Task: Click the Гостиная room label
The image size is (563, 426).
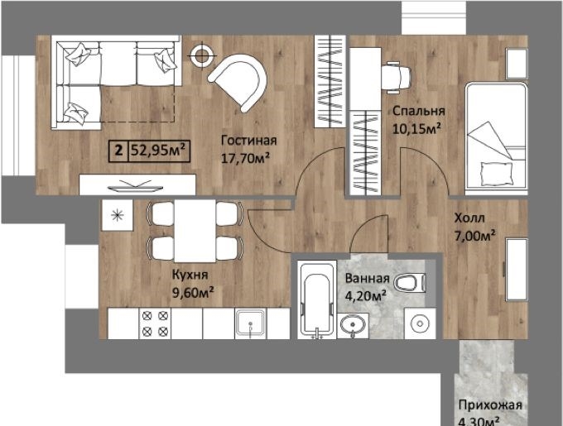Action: (249, 140)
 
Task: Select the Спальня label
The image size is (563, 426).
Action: (419, 111)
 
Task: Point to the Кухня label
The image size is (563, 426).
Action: (190, 275)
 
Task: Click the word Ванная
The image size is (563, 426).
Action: (368, 278)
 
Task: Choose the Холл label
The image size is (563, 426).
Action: (469, 218)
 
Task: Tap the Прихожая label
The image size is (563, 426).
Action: (490, 405)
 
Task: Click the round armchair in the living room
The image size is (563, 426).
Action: (238, 82)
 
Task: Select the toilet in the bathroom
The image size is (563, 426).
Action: (410, 282)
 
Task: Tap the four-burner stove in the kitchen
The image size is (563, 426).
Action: (155, 323)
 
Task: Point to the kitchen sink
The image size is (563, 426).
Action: (251, 324)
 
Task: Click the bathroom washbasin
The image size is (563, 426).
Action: (353, 326)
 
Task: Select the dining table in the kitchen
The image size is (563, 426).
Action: (195, 231)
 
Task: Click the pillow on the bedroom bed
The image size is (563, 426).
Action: (497, 173)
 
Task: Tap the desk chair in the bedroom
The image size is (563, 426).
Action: (397, 78)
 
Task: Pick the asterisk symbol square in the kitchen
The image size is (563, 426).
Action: (118, 215)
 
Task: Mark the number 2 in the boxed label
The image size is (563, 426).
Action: (119, 150)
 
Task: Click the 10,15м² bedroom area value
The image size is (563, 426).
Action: (416, 128)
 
